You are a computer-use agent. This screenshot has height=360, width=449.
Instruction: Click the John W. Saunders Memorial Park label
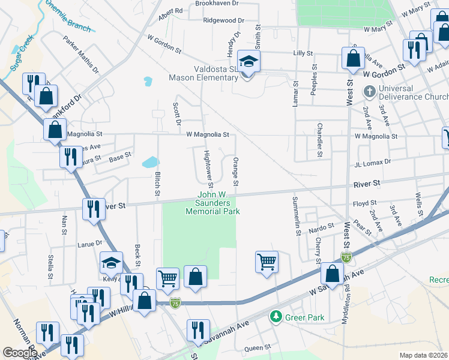tap(212, 203)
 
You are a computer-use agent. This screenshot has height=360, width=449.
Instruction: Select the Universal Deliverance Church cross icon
tap(370, 92)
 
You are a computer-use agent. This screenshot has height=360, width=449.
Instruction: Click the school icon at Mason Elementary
tap(248, 61)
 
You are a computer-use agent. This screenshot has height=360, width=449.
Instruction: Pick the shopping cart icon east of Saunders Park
tap(266, 261)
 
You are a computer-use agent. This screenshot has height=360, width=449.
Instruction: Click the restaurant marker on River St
tap(94, 209)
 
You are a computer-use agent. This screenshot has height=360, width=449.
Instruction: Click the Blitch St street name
tap(157, 184)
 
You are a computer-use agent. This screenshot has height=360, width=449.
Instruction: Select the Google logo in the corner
tap(19, 352)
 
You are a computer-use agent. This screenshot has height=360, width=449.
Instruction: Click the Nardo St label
tap(322, 227)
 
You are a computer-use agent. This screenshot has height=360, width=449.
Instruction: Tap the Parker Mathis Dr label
tap(81, 54)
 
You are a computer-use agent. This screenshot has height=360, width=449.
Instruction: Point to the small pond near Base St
tap(149, 161)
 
